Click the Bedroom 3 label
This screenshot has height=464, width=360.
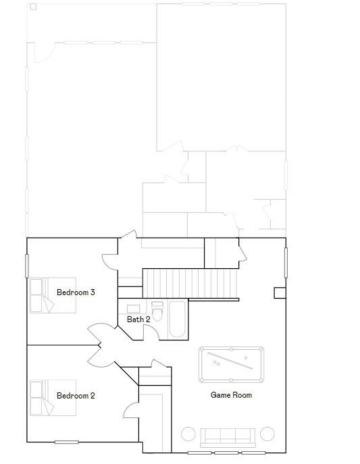coord(76,292)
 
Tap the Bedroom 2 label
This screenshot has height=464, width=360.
coord(76,396)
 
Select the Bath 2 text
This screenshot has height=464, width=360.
coord(138,319)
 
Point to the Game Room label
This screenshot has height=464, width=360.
coord(231,394)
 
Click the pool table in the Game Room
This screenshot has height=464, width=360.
coord(231,365)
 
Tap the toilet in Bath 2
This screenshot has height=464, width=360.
coord(157,311)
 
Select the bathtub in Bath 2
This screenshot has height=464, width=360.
coord(177,319)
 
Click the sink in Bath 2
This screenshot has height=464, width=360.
coord(134,309)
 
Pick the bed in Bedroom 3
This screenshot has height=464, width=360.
coord(53,295)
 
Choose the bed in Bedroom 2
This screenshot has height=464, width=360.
coord(53,398)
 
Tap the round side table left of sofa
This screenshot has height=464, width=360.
coord(188,434)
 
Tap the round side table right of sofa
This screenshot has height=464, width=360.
coord(267,434)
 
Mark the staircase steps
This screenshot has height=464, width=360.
coord(190,283)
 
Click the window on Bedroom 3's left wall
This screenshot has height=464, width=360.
coord(27,265)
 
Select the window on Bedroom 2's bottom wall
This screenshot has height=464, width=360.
coord(67,442)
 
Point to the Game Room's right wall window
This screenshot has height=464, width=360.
coord(286,263)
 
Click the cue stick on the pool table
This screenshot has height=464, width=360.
coord(230,361)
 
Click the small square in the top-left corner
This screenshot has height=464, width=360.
coord(33,7)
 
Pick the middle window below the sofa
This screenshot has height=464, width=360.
coord(226,453)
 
